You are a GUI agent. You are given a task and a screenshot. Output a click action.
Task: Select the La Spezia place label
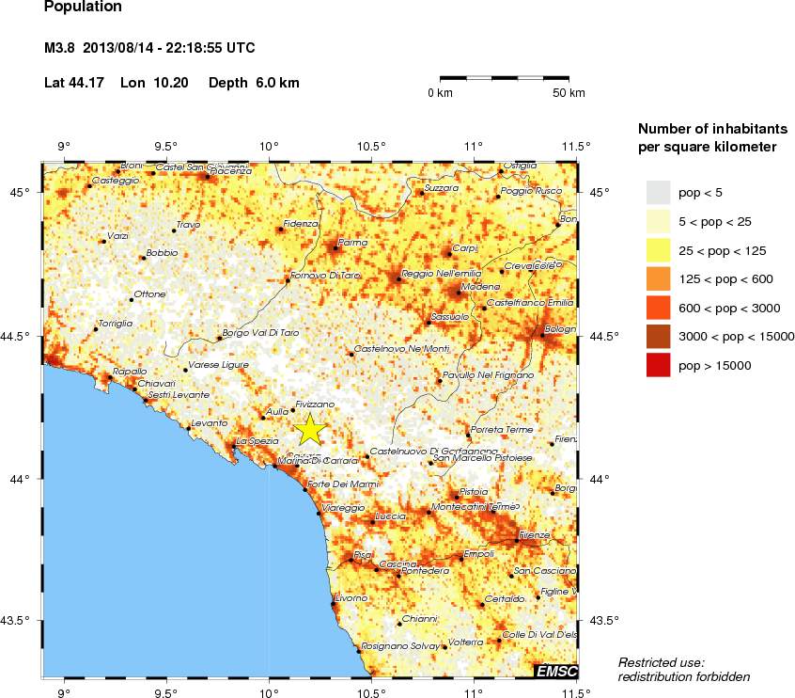(x=257, y=440)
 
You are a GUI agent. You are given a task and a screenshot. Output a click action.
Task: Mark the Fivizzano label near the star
(x=315, y=404)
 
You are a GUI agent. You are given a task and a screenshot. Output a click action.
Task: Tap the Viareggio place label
(x=343, y=507)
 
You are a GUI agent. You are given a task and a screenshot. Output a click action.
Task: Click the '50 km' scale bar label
(x=569, y=93)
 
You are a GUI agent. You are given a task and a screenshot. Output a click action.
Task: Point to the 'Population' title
(x=83, y=8)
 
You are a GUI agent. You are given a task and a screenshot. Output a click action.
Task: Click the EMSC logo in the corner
(x=555, y=671)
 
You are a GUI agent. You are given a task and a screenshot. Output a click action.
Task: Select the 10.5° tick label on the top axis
(x=371, y=146)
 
